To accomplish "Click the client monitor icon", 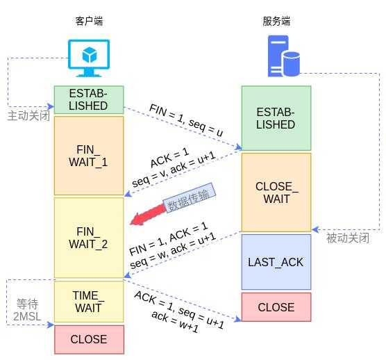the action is coord(89,58).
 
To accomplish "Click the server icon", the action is coord(283,56).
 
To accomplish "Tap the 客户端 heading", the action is coord(89,21).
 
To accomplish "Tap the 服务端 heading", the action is coord(276,21).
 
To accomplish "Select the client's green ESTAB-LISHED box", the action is coord(89,100).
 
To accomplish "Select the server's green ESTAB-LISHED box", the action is coord(276,118).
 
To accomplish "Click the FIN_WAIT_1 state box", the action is coord(89,156).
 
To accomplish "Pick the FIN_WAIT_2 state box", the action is coord(89,238).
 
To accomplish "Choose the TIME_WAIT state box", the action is coord(89,302).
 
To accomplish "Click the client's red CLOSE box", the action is coord(89,340).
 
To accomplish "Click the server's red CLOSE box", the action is coord(276,307).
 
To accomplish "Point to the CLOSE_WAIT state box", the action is coord(276,193).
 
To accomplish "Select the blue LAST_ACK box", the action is coord(276,262).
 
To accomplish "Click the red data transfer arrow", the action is coord(148,215).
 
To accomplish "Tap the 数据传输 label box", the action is coord(189,197).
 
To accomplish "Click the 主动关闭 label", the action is coord(28,116).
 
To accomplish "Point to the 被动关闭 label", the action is coord(348,238).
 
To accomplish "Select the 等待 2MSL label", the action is coord(27,310).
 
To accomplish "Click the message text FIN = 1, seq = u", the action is coord(186,120).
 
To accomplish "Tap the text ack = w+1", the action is coord(175,322).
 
